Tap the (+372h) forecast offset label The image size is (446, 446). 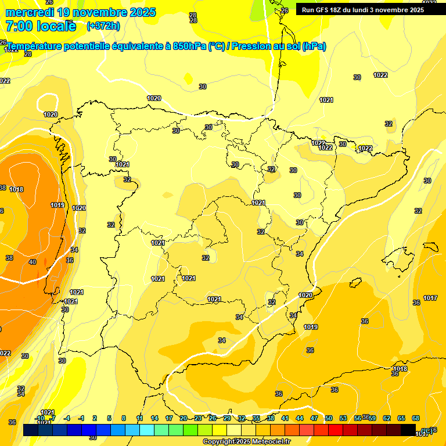103,26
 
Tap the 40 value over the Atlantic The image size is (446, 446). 32,262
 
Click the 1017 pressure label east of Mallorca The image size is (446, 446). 430,298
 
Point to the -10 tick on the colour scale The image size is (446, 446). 39,418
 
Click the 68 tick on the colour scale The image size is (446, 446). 416,418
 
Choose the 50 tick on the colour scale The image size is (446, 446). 329,418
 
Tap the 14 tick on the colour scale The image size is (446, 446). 154,418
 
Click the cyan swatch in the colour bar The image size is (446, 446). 146,430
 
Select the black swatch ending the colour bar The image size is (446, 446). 408,430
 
